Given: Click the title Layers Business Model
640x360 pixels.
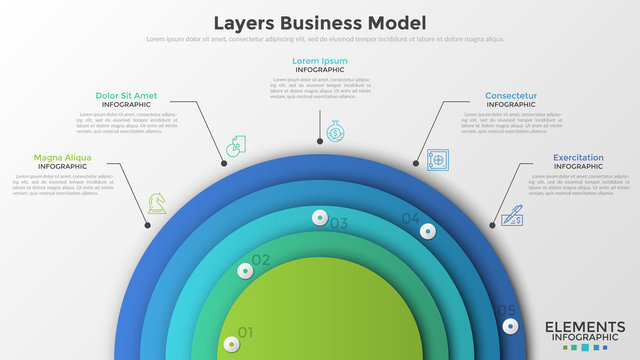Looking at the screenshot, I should click(320, 22).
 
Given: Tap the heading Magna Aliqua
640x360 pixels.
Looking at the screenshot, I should click(62, 158).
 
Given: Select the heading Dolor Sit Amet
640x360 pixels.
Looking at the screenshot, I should click(126, 96).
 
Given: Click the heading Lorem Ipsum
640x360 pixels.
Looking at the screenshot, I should click(320, 61).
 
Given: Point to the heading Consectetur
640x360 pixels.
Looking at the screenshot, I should click(511, 96).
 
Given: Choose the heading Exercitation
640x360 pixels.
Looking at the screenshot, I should click(578, 158).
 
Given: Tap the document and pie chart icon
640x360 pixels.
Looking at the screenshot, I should click(236, 146).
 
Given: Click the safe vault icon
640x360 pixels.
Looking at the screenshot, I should click(437, 159).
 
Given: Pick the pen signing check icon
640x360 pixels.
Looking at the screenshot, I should click(512, 215).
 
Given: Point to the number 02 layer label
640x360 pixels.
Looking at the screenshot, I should click(261, 260).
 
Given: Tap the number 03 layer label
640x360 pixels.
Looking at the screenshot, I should click(338, 223).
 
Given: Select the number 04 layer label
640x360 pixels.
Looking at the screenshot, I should click(411, 218).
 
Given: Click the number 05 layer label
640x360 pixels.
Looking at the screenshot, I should click(506, 311).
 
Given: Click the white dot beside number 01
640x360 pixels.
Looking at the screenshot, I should click(232, 345).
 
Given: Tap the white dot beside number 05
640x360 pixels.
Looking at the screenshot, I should click(511, 326).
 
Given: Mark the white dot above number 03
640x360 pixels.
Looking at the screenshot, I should click(320, 216).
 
